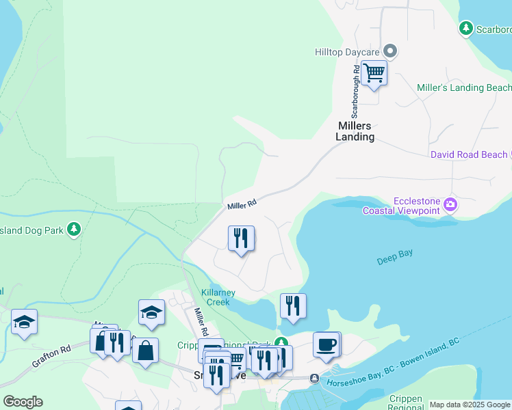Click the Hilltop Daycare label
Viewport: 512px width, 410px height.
pyautogui.click(x=346, y=51)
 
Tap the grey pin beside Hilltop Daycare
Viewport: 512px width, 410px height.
pyautogui.click(x=391, y=51)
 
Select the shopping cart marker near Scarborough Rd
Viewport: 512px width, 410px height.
pyautogui.click(x=374, y=72)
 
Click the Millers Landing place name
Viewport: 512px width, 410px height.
pyautogui.click(x=355, y=131)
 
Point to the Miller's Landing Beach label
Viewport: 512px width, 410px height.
pyautogui.click(x=463, y=88)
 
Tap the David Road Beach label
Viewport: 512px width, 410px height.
pyautogui.click(x=468, y=155)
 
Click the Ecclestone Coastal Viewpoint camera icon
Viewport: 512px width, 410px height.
pyautogui.click(x=450, y=204)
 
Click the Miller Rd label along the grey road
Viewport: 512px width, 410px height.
pyautogui.click(x=242, y=204)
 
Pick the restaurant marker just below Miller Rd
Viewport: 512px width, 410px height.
pyautogui.click(x=240, y=238)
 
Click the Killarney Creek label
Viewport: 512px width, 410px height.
pyautogui.click(x=218, y=297)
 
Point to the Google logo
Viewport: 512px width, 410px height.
pyautogui.click(x=23, y=402)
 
